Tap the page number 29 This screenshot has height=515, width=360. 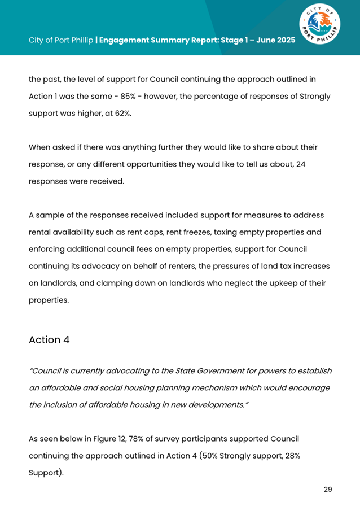[x=327, y=489]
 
